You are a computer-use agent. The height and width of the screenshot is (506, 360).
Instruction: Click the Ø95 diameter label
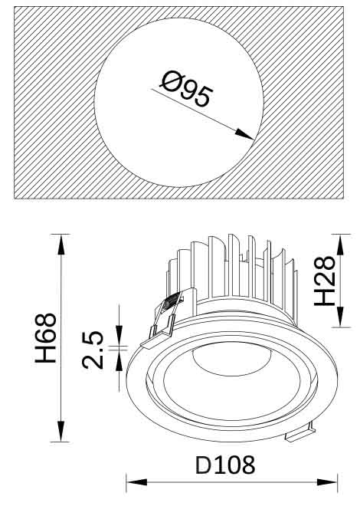click(187, 90)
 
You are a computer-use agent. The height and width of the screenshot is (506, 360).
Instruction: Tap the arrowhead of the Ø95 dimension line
click(245, 134)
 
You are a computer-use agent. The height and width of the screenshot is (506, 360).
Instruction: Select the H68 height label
click(46, 337)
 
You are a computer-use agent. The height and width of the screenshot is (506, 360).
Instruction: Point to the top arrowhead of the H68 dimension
click(61, 245)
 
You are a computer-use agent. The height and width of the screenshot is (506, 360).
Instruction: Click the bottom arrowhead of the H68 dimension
click(61, 431)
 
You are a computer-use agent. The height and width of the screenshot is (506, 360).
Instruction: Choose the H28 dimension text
click(325, 281)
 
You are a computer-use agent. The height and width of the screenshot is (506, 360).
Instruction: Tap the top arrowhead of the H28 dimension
click(340, 245)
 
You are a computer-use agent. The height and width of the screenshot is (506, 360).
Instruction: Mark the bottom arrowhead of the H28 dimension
click(340, 317)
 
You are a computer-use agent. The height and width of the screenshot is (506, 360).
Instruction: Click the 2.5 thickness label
click(93, 350)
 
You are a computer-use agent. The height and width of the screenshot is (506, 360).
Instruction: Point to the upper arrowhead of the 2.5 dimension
click(119, 336)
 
